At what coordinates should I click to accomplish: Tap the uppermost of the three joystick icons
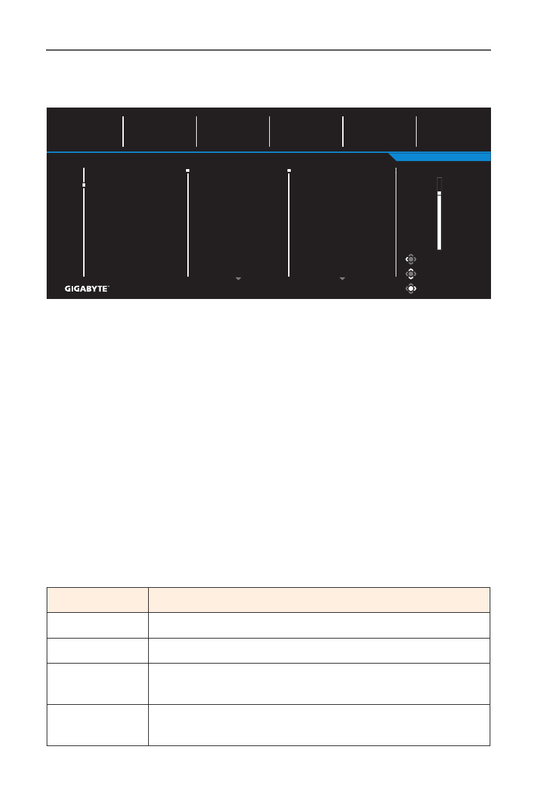coord(411,259)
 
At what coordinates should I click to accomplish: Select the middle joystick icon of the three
coord(411,274)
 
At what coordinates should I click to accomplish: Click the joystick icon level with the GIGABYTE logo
coord(411,288)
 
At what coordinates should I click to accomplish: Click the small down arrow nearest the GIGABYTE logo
coord(238,279)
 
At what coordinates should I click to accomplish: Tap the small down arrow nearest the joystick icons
coord(342,279)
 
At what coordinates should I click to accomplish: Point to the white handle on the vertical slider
coord(439,193)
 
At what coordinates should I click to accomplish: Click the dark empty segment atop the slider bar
coord(439,184)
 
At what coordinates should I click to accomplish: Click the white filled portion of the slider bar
coord(439,223)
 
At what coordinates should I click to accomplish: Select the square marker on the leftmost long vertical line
coord(84,185)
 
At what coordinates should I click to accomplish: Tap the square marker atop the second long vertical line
coord(188,170)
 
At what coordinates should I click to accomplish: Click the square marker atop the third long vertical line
coord(289,170)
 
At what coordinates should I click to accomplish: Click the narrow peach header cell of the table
coord(97,600)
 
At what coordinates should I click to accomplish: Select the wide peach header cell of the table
coord(319,600)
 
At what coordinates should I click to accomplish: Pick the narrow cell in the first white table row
coord(97,625)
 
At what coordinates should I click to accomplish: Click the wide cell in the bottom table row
coord(319,725)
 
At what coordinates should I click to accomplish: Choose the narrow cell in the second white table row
coord(97,650)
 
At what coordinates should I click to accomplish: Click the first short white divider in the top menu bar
coord(123,131)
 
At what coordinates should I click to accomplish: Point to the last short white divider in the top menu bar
coord(417,131)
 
